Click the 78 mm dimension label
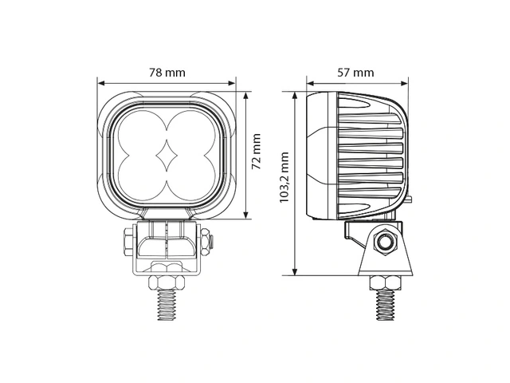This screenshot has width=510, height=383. pos(167,73)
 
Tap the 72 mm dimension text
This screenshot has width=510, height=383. pos(257,152)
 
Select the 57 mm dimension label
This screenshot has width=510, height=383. pos(355,73)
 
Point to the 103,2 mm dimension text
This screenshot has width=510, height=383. pos(284,177)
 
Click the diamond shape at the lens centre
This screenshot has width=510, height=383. pos(167,156)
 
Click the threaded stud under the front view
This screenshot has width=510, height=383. pos(167,305)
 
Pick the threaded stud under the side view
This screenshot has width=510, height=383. pos(385,305)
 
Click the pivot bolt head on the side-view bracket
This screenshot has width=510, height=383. pos(385,242)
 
